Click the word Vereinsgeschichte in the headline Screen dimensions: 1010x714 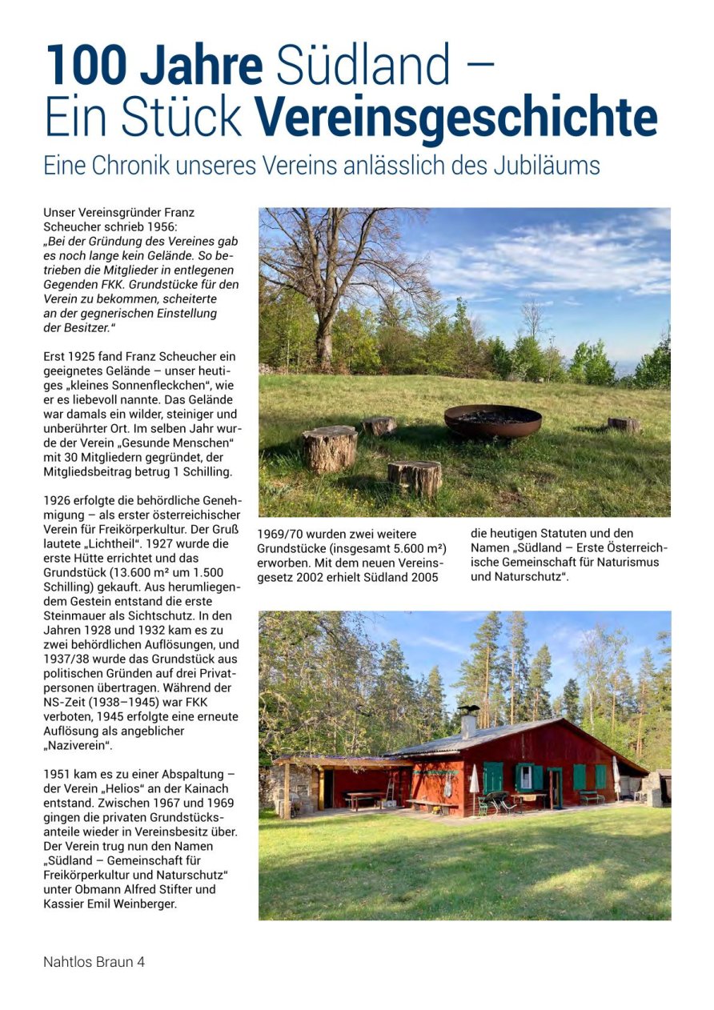point(456,118)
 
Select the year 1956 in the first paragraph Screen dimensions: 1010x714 point(174,226)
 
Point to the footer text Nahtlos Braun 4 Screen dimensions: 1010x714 point(94,961)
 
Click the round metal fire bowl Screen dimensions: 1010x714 point(492,420)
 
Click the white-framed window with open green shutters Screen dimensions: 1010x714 point(526,776)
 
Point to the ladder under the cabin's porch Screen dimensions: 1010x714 point(388,789)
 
